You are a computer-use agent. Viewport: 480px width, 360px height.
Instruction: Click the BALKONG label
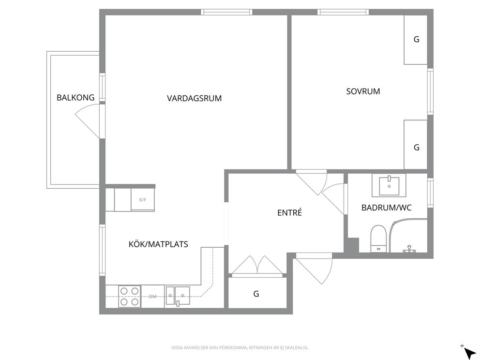(x=75, y=98)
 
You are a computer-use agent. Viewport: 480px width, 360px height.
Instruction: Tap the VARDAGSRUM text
(x=194, y=98)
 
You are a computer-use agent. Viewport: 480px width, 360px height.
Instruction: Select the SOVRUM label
(x=363, y=91)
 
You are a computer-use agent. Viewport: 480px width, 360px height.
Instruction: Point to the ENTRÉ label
(x=289, y=212)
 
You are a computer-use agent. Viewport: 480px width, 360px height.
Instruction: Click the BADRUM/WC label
(x=386, y=208)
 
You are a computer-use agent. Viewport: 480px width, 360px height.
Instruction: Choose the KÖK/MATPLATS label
(x=158, y=244)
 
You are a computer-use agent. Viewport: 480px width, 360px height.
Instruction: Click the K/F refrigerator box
(x=143, y=199)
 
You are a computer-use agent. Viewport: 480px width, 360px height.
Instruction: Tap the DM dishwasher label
(x=153, y=296)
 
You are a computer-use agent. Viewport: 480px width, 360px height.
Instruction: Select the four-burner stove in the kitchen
(x=130, y=296)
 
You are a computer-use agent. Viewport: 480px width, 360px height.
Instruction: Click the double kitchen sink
(x=177, y=296)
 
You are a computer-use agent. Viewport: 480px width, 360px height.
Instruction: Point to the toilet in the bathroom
(x=378, y=239)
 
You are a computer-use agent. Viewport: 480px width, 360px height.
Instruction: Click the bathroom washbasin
(x=389, y=185)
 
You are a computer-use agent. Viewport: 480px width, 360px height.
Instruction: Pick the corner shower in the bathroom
(x=408, y=236)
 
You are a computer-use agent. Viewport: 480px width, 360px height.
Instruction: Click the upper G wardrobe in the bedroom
(x=416, y=40)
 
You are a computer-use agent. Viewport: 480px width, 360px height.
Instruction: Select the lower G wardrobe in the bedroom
(x=416, y=145)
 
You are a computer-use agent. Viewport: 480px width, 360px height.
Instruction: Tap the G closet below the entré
(x=257, y=293)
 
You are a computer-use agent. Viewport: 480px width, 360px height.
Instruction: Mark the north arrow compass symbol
(x=468, y=352)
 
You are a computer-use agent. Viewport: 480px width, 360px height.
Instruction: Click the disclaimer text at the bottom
(x=240, y=348)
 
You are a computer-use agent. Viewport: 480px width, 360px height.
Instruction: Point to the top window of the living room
(x=226, y=12)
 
